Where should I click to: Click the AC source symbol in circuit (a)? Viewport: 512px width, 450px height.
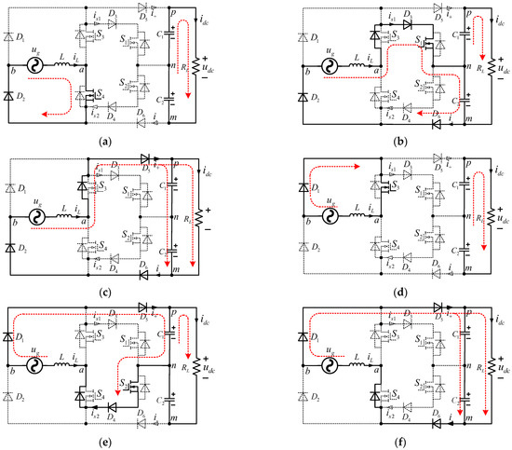pos(37,68)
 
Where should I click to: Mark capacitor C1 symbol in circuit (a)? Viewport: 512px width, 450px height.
pos(171,45)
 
